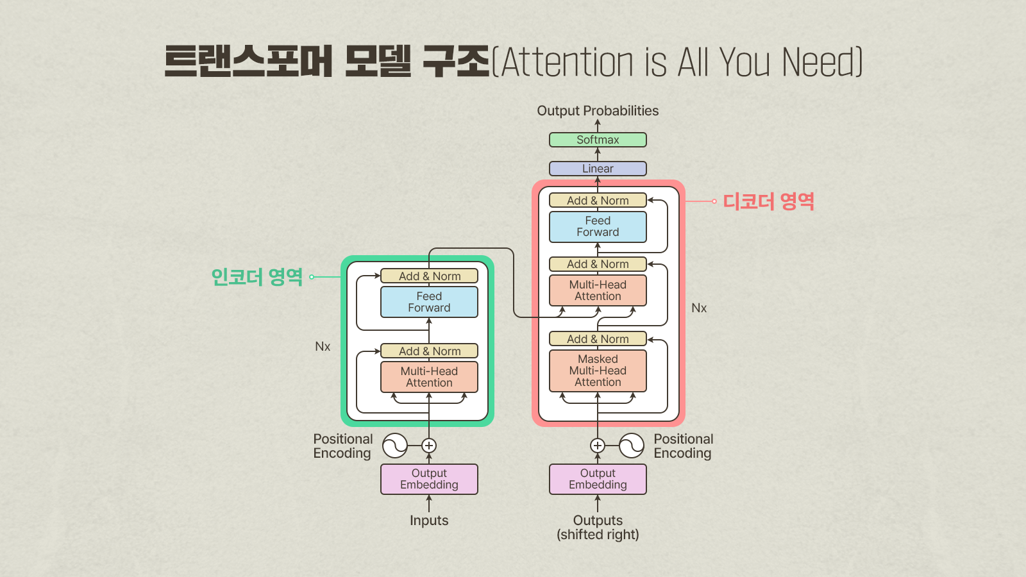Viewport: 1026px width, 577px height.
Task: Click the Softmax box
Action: [x=598, y=140]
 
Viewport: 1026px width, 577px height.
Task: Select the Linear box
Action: [x=598, y=169]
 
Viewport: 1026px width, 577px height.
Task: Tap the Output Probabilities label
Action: [x=598, y=111]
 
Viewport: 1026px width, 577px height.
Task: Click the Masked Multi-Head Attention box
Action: [x=598, y=371]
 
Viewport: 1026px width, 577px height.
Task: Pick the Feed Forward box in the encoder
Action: [x=429, y=302]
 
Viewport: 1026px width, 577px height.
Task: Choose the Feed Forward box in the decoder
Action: [x=598, y=227]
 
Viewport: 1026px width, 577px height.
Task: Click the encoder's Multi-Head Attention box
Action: [x=429, y=377]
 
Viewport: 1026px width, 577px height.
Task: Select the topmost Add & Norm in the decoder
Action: [x=598, y=200]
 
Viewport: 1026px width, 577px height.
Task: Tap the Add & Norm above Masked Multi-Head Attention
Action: [x=598, y=339]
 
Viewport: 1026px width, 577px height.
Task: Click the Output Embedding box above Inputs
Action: [x=429, y=479]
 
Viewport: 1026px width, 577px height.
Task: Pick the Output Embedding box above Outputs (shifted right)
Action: [x=598, y=479]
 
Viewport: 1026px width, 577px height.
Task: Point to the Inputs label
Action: [x=429, y=520]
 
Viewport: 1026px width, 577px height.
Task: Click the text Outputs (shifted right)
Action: [x=598, y=528]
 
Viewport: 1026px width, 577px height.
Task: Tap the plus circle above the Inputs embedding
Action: [x=429, y=446]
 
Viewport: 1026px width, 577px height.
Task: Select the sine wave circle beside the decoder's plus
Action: [x=632, y=446]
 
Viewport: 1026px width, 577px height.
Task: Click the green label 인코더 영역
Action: [x=257, y=277]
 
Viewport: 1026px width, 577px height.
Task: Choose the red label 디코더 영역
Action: [x=769, y=201]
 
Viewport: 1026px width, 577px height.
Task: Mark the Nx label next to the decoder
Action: [x=699, y=308]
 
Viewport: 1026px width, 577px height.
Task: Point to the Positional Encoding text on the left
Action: [x=343, y=446]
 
